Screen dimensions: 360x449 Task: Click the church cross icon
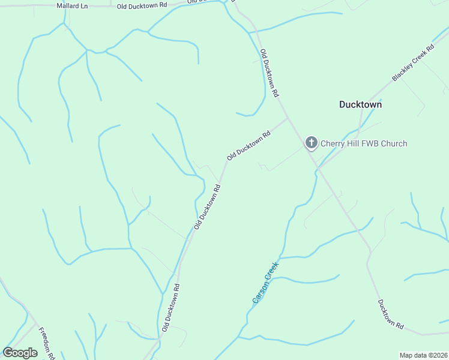click(x=311, y=143)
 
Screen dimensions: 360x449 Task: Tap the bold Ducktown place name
click(x=360, y=104)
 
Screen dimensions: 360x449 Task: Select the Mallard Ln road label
click(x=72, y=5)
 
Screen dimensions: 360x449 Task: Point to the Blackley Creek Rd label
click(x=413, y=63)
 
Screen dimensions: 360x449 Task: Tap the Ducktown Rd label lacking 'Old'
click(x=390, y=314)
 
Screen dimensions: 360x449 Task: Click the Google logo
click(x=20, y=353)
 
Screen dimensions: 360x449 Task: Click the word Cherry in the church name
click(x=333, y=143)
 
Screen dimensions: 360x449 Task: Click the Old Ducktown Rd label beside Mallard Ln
click(x=142, y=5)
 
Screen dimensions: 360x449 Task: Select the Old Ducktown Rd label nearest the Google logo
click(x=171, y=307)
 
